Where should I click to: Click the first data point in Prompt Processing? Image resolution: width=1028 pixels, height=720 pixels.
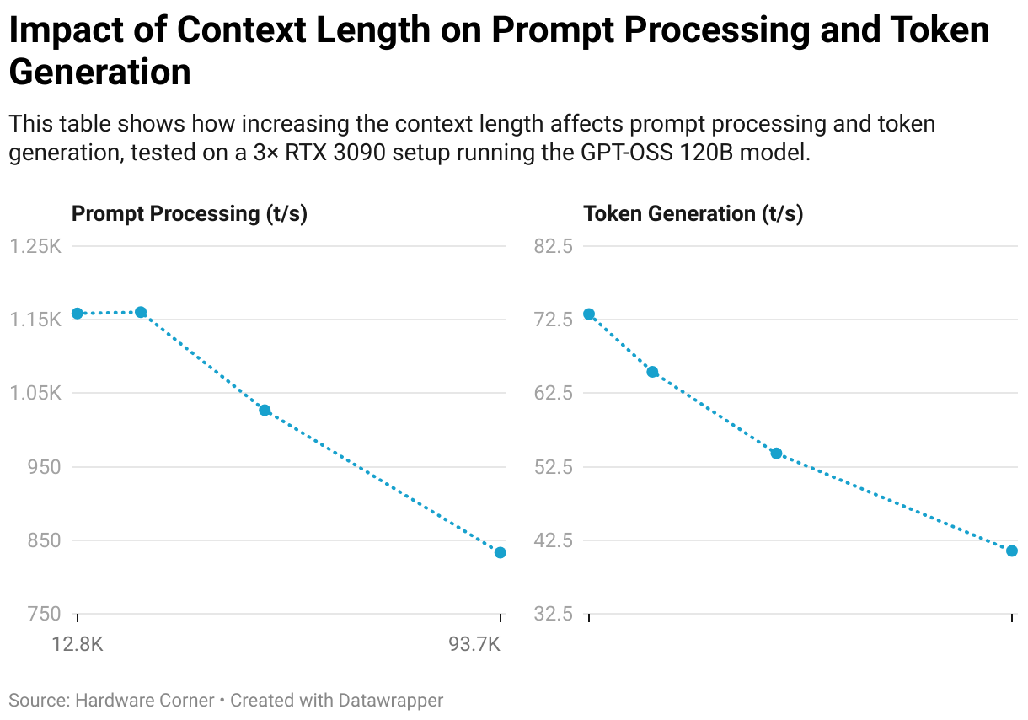78,314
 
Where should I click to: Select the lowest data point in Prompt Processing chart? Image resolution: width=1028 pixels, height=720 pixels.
501,553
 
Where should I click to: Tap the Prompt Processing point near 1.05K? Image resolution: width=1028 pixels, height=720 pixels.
265,411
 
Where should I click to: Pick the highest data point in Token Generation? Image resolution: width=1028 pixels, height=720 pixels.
589,314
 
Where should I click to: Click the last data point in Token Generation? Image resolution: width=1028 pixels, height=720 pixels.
1012,551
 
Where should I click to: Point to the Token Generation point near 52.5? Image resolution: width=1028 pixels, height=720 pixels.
776,454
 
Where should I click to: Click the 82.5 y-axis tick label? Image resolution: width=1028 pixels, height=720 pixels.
554,246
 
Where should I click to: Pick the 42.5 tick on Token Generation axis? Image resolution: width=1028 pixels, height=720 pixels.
554,540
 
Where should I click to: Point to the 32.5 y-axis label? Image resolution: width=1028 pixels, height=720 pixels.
554,615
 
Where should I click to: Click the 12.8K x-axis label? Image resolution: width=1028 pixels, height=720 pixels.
78,645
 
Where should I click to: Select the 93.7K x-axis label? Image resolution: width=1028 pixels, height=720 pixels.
474,645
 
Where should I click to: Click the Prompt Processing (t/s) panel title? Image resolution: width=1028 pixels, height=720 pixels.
190,213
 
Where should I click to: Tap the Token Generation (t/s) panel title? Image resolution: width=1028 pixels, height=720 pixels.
693,213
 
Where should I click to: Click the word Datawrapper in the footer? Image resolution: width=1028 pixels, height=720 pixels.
390,700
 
